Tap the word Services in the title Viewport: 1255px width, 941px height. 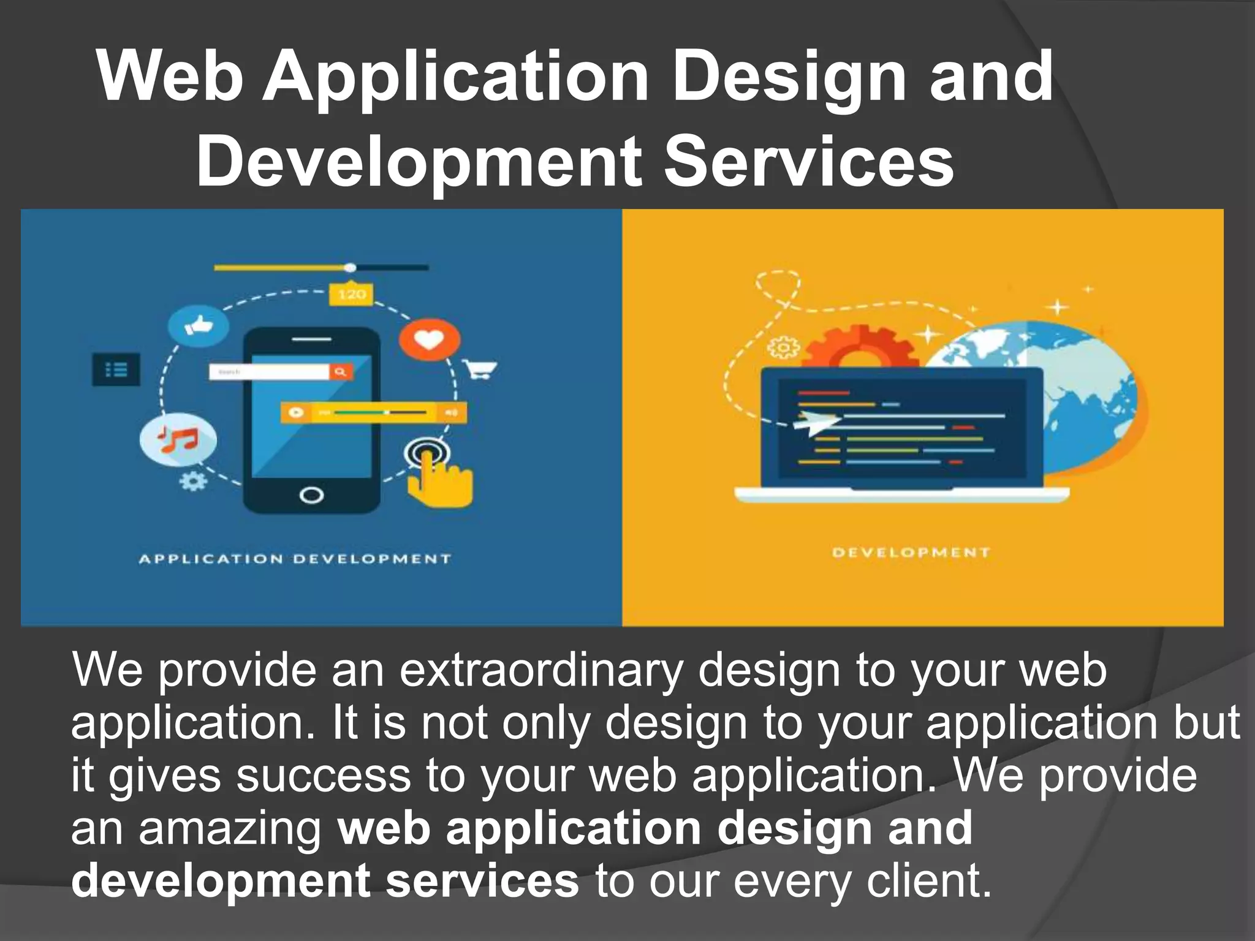pos(809,162)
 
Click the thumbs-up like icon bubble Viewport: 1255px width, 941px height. pos(198,325)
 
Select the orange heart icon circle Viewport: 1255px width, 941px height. pos(429,338)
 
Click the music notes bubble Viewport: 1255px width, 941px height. pos(178,440)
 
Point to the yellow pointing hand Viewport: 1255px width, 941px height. pos(440,480)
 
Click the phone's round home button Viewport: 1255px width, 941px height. pos(311,494)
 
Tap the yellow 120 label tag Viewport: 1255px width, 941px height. pos(351,294)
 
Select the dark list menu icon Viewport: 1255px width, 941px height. pos(116,369)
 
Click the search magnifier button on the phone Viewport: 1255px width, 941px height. pos(341,371)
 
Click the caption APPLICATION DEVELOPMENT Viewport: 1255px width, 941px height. pos(295,559)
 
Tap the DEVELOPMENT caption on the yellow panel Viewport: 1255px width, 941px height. pos(911,553)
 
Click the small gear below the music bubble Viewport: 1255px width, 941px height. pos(193,481)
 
